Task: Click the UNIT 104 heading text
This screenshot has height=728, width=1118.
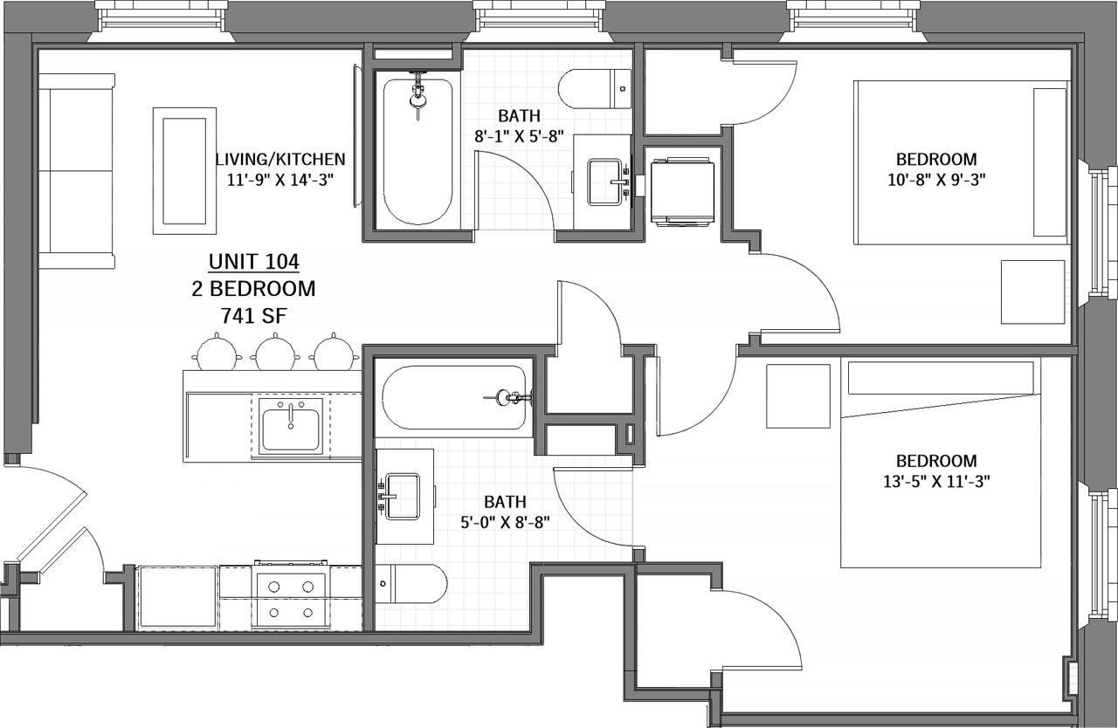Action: pos(253,262)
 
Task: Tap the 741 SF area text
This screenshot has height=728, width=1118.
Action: pos(253,316)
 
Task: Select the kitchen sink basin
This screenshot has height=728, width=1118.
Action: pos(291,429)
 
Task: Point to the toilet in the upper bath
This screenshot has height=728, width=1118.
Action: pos(595,89)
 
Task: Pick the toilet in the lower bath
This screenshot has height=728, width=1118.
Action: pos(411,584)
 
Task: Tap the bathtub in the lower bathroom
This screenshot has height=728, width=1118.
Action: pos(454,397)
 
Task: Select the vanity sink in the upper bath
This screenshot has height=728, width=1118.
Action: pos(604,182)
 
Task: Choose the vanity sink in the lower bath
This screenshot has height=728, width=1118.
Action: pos(403,497)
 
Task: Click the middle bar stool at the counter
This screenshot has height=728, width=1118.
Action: pos(275,353)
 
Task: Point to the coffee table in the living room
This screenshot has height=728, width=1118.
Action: pos(184,170)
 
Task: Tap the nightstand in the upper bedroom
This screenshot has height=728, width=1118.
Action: pos(1032,292)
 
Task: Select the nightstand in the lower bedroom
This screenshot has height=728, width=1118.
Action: pos(798,396)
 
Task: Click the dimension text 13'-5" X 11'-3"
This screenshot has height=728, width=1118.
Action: pos(936,482)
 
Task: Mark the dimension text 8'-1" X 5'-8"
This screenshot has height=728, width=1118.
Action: pos(519,136)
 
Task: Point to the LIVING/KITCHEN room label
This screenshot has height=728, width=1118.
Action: pos(280,159)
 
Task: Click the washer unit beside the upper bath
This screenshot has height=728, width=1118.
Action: pos(682,192)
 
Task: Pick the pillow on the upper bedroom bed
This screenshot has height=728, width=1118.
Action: pos(1050,162)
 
